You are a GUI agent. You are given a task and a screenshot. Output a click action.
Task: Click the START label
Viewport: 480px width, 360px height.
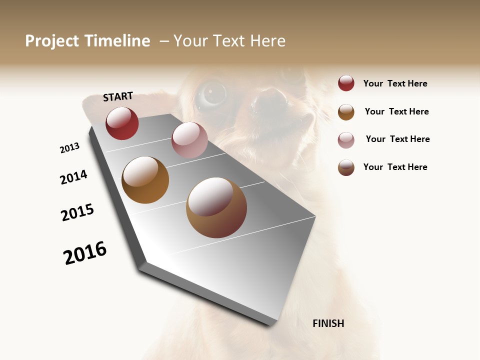pyautogui.click(x=118, y=96)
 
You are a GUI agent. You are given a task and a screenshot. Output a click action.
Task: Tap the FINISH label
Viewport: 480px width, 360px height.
pyautogui.click(x=328, y=323)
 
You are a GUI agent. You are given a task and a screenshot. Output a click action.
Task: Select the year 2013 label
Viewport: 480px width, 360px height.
pyautogui.click(x=69, y=148)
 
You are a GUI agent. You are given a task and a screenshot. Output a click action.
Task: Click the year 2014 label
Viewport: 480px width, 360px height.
pyautogui.click(x=73, y=177)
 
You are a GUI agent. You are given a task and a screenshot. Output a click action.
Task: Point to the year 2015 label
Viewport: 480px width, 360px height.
pyautogui.click(x=77, y=212)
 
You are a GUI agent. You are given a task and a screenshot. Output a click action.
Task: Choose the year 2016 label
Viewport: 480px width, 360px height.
pyautogui.click(x=85, y=253)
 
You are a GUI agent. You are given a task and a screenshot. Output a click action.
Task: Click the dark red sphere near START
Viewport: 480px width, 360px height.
pyautogui.click(x=122, y=123)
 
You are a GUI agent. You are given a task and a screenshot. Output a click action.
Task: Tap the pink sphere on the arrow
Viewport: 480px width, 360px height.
pyautogui.click(x=189, y=139)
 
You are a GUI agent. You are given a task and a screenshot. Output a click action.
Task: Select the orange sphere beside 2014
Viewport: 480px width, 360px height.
pyautogui.click(x=145, y=180)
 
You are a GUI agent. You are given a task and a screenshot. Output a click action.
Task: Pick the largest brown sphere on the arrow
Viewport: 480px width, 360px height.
pyautogui.click(x=216, y=207)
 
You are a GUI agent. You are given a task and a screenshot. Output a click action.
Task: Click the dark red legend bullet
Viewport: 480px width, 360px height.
pyautogui.click(x=346, y=83)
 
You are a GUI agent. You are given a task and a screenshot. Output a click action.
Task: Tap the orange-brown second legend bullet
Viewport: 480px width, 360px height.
pyautogui.click(x=346, y=111)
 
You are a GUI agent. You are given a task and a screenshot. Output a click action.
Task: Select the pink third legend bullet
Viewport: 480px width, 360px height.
pyautogui.click(x=346, y=139)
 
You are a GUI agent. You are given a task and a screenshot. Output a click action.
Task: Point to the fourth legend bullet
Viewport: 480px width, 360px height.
pyautogui.click(x=346, y=167)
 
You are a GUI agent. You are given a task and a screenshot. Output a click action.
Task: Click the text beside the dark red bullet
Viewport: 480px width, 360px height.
pyautogui.click(x=395, y=83)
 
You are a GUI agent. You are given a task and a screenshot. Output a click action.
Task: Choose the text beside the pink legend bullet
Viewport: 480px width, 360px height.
pyautogui.click(x=397, y=139)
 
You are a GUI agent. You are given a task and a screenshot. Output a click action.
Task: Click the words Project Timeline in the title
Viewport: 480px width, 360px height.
pyautogui.click(x=87, y=41)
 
